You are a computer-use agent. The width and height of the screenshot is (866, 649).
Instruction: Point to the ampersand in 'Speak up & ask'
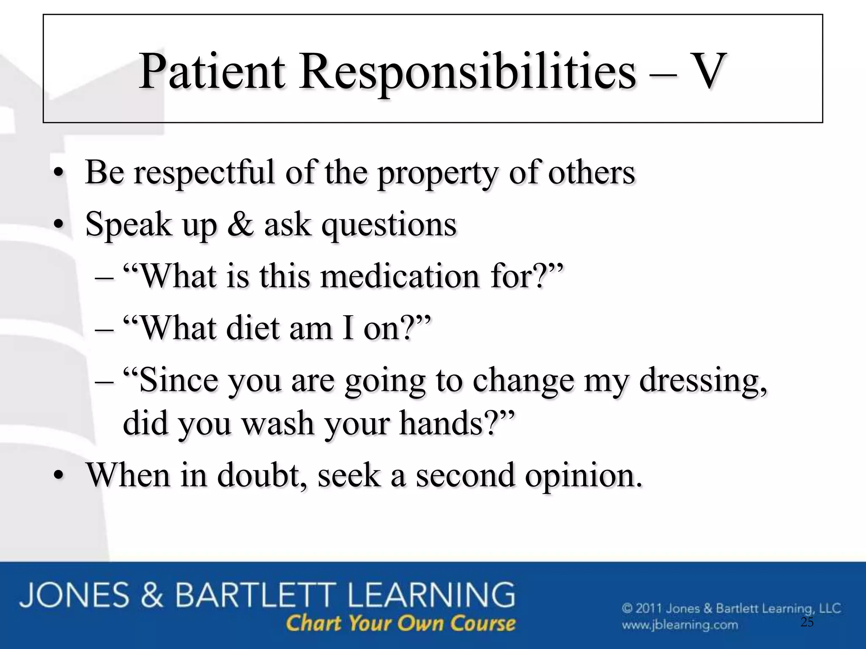pyautogui.click(x=240, y=224)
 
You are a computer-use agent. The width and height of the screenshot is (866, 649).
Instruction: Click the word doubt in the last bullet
pyautogui.click(x=262, y=475)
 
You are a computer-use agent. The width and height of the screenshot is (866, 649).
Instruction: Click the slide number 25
pyautogui.click(x=807, y=622)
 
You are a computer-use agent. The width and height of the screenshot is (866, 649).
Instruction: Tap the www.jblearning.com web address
pyautogui.click(x=680, y=624)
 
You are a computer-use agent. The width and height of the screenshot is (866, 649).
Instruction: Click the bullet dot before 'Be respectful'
pyautogui.click(x=59, y=174)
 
